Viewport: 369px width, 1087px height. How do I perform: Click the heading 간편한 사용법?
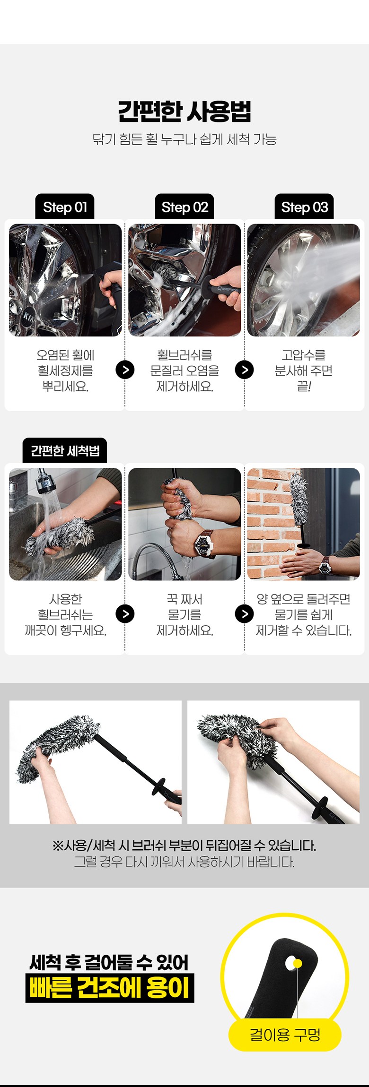[184, 112]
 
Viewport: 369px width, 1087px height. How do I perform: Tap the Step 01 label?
[65, 207]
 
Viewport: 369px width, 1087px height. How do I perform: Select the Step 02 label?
[184, 207]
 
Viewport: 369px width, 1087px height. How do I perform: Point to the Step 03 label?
[304, 207]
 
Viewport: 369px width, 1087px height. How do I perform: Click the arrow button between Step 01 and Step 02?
[125, 370]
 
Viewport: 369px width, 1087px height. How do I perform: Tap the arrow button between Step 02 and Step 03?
[244, 370]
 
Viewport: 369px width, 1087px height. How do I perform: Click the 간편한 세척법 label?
[65, 451]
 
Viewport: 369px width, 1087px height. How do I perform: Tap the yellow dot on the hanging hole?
[298, 963]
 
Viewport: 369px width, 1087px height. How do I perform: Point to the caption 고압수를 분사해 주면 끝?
[304, 371]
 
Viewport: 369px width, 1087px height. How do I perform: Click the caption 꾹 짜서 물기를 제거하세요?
[184, 614]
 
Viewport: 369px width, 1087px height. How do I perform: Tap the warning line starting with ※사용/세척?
[184, 845]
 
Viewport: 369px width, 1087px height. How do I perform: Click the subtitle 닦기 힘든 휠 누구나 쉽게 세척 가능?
[184, 139]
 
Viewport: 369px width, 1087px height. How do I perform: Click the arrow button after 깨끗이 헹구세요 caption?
[125, 614]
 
